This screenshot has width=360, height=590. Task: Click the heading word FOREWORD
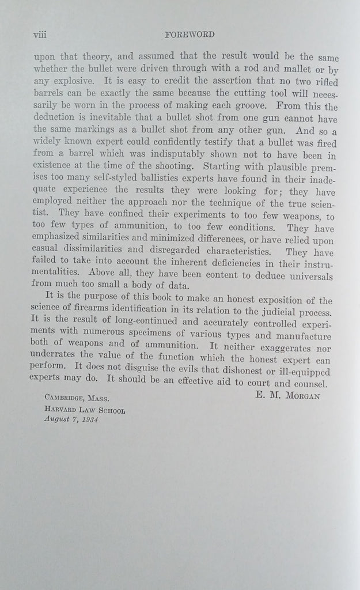190,35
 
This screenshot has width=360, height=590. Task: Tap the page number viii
40,35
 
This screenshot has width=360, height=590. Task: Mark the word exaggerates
281,349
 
